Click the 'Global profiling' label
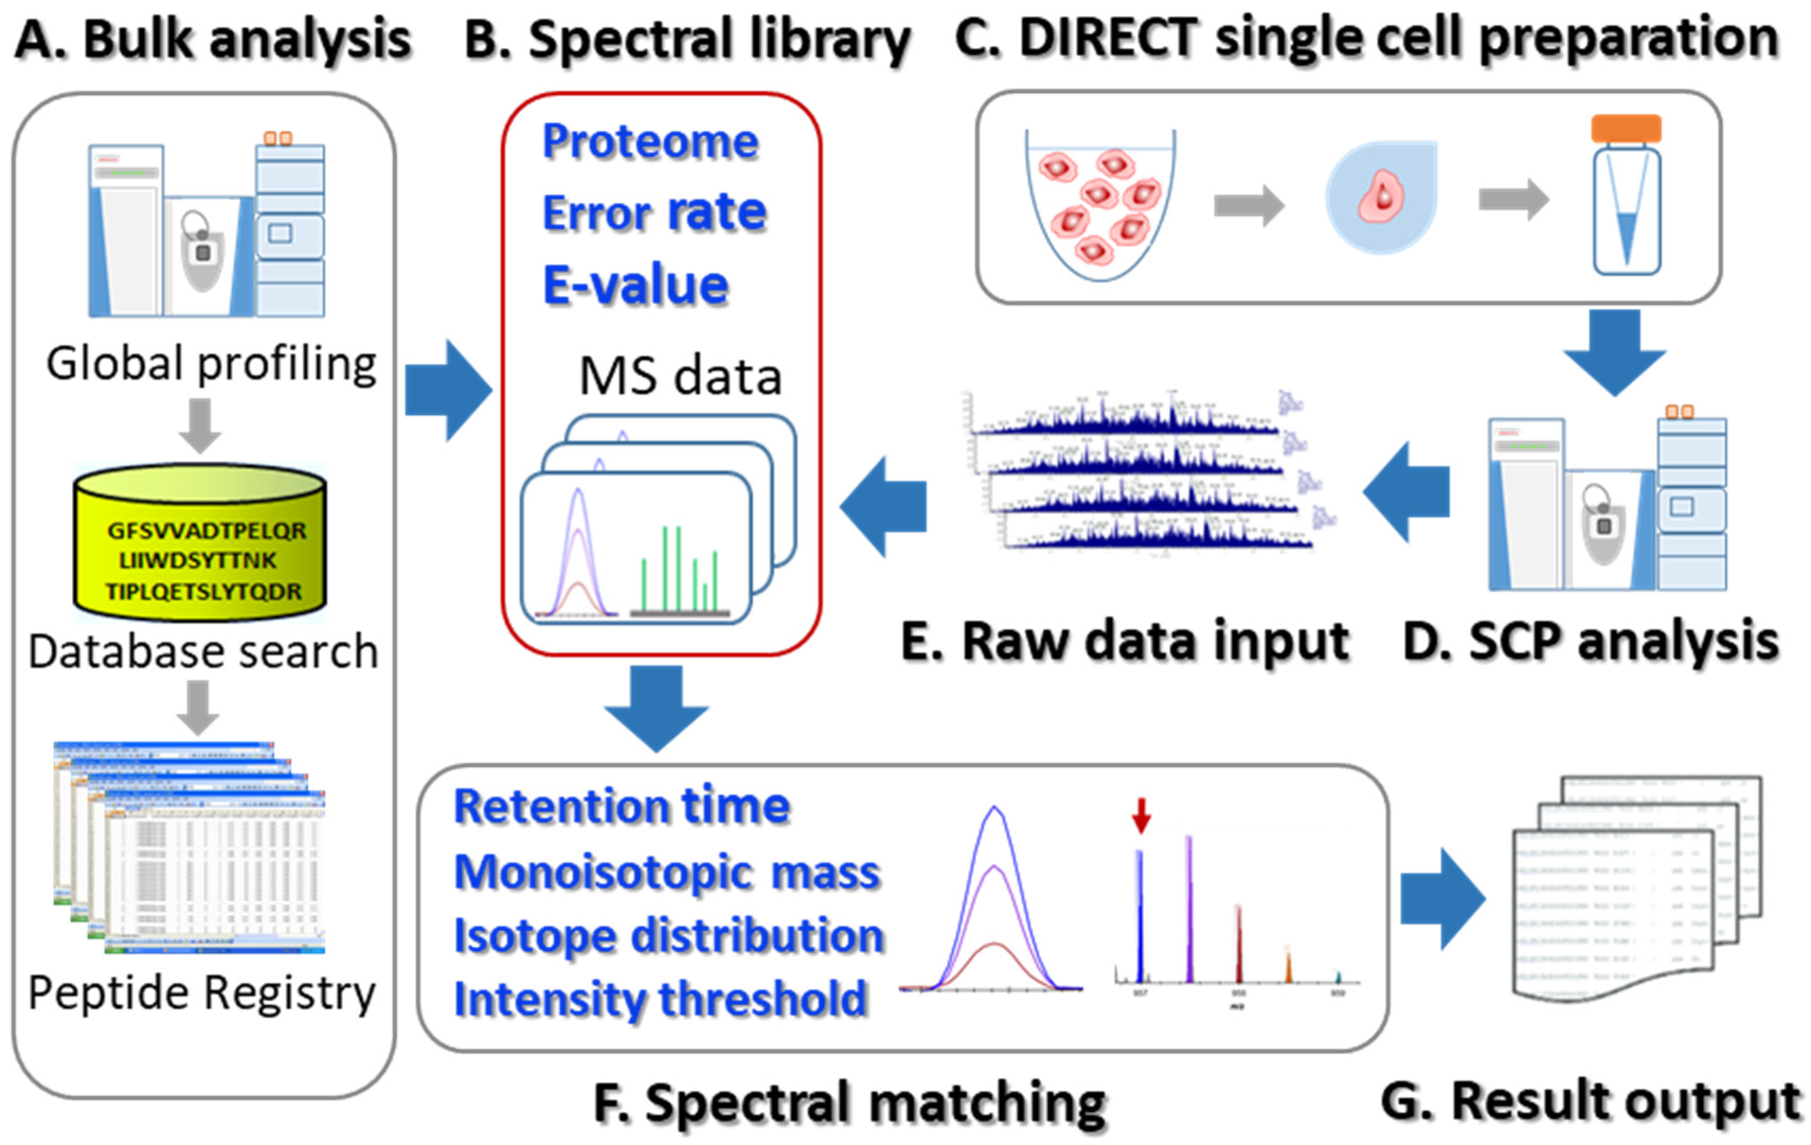tap(211, 364)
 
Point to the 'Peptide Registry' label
tap(202, 993)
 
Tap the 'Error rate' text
tap(655, 213)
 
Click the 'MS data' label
tap(680, 376)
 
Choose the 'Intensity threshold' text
tap(661, 1000)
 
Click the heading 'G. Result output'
tap(1591, 1102)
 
